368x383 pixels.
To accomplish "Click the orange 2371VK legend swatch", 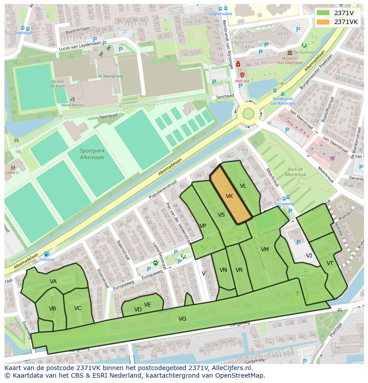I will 324,22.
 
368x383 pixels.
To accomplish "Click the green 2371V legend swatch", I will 324,13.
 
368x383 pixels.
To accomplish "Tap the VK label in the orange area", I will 229,196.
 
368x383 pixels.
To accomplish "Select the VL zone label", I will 243,186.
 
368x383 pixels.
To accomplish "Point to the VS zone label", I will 221,215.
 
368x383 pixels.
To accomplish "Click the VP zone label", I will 203,226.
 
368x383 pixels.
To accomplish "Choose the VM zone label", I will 265,249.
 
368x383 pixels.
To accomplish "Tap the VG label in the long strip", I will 182,318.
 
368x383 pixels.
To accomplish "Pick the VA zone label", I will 53,281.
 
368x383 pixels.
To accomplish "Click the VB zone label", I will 52,308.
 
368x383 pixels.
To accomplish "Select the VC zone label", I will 78,308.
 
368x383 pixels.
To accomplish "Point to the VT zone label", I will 330,263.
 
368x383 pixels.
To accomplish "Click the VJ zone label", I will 309,255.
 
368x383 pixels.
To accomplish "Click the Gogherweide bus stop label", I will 220,14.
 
